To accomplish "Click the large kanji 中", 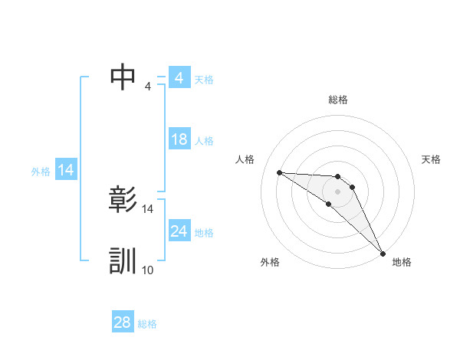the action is tap(123, 77).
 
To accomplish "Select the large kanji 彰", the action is tap(123, 200).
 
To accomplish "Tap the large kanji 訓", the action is tap(123, 260).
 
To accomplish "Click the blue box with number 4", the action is tap(179, 78).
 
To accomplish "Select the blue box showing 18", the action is tap(179, 139).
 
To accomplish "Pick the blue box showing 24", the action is tap(179, 231).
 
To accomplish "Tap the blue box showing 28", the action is tap(123, 322).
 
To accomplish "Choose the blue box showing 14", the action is tap(66, 170).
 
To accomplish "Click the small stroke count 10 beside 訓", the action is tap(148, 270).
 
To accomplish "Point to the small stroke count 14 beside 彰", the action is tap(148, 208).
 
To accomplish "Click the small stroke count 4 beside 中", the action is tap(148, 86).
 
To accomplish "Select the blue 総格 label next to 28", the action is tap(147, 324).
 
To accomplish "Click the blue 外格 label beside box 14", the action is tap(41, 172).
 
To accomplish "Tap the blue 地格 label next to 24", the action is tap(204, 233).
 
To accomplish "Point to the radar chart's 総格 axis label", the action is tap(338, 100).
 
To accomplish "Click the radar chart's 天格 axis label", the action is tap(432, 159).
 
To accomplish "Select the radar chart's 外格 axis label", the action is tap(270, 262).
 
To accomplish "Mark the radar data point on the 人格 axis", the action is tap(279, 172).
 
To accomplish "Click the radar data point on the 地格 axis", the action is tap(383, 253).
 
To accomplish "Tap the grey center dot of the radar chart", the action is tap(338, 191).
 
